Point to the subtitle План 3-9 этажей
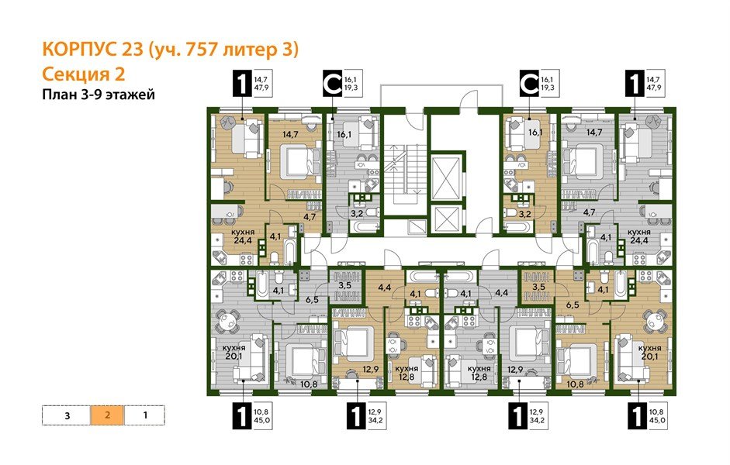99,95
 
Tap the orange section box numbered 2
108,415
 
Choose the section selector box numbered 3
67,415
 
